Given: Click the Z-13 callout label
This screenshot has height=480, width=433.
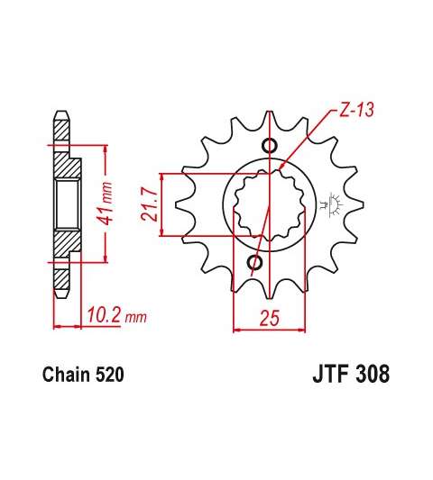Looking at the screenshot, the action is (x=356, y=110).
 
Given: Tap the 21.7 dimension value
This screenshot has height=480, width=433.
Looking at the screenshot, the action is (x=150, y=205).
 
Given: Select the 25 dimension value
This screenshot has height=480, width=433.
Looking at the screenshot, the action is (x=270, y=318).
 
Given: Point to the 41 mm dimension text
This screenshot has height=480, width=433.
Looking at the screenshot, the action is (x=105, y=203).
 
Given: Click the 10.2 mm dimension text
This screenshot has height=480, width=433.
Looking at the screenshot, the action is (x=117, y=315).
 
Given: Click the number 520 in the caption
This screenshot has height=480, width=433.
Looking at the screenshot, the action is (x=110, y=375).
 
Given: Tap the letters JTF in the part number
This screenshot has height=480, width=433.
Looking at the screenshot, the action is (x=330, y=374).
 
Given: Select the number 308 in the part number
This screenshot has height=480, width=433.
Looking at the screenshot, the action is (x=372, y=374).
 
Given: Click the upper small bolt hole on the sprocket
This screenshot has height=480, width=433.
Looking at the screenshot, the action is (x=270, y=145).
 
